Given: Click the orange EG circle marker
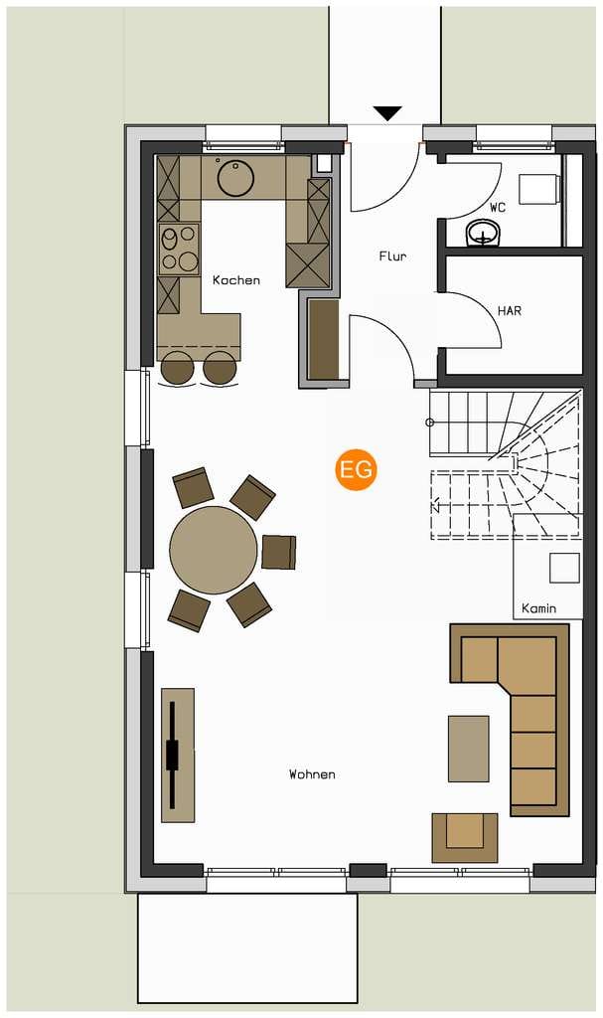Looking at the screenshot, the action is point(357,469).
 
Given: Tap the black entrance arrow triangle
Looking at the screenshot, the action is point(388,113).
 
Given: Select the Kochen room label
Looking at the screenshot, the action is point(236,280).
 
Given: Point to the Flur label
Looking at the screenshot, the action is point(392,256).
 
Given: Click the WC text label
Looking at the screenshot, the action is point(498,208).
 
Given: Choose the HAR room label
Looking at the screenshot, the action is point(510,311).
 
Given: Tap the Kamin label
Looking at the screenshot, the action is point(538,608).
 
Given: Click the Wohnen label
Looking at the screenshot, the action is point(312,774).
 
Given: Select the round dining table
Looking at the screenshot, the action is point(214,550).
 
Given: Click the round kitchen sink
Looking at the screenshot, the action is point(236,177).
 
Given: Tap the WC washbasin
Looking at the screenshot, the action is point(484,234).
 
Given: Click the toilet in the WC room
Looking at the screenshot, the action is point(541,189).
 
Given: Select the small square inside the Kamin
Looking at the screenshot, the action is point(564,568).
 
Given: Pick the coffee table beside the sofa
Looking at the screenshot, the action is point(469,749).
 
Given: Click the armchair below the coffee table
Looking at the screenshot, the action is point(465,838).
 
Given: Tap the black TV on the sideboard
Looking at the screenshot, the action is point(172,756).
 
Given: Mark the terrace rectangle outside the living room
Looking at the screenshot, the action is point(247,948).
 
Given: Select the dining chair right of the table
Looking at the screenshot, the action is point(279,552).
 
